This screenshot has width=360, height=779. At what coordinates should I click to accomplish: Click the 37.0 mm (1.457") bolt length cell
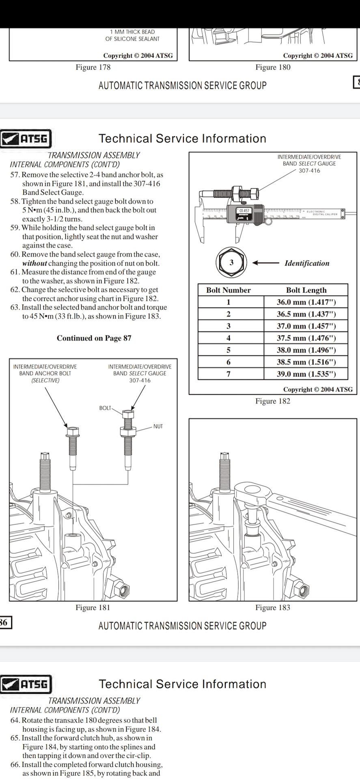click(x=306, y=326)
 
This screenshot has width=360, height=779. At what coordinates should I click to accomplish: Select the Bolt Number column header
click(x=228, y=290)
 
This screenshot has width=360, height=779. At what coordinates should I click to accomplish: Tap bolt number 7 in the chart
click(x=229, y=374)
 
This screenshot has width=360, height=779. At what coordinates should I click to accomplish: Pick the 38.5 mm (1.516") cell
click(x=306, y=362)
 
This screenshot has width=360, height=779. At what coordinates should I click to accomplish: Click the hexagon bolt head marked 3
click(x=231, y=263)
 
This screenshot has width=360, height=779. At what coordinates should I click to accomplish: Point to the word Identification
click(x=307, y=263)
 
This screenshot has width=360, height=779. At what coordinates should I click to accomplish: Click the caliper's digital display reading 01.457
click(x=244, y=211)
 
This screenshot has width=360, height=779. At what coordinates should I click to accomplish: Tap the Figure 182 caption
click(x=273, y=401)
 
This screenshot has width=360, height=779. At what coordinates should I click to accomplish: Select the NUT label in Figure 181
click(x=158, y=426)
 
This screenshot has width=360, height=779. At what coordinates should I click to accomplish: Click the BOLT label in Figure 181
click(x=105, y=408)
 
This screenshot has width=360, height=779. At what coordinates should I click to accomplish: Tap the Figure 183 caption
click(x=273, y=607)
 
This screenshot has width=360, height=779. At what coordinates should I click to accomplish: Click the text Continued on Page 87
click(x=94, y=338)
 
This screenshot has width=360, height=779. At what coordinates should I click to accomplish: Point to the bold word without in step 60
click(x=34, y=263)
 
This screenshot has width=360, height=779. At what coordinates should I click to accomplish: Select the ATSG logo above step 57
click(x=26, y=139)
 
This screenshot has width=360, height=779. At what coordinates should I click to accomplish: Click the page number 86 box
click(x=5, y=622)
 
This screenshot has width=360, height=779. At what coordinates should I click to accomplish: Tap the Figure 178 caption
click(x=93, y=67)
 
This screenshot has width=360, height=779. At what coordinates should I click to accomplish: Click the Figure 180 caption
click(x=273, y=67)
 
